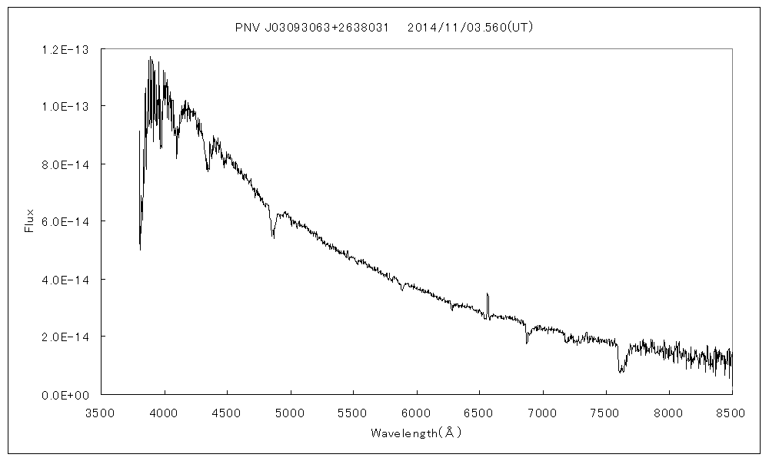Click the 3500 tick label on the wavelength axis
pyautogui.click(x=100, y=413)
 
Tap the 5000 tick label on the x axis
pyautogui.click(x=290, y=413)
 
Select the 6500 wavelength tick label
pyautogui.click(x=479, y=413)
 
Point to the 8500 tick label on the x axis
pyautogui.click(x=732, y=413)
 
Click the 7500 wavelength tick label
pyautogui.click(x=605, y=413)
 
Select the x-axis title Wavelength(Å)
pyautogui.click(x=416, y=433)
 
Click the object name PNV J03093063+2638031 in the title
pyautogui.click(x=306, y=28)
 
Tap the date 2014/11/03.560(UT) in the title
pyautogui.click(x=471, y=28)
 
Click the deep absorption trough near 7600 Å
pyautogui.click(x=621, y=369)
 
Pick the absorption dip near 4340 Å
pyautogui.click(x=208, y=168)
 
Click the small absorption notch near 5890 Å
pyautogui.click(x=402, y=290)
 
